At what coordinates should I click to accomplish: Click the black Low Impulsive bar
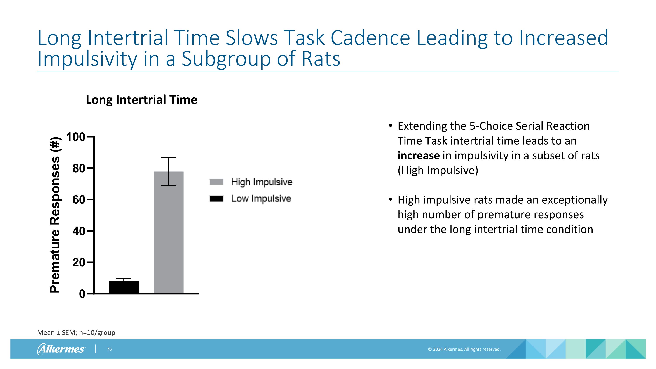124,287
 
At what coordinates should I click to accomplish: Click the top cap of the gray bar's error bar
169,158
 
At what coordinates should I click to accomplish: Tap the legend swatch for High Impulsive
216,182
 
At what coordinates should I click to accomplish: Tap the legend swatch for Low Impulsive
216,199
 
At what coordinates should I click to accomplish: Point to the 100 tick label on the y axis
75,137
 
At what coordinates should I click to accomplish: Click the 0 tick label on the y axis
82,294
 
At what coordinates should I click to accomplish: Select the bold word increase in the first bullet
418,156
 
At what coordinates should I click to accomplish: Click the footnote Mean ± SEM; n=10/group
76,333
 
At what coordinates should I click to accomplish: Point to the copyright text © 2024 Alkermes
464,349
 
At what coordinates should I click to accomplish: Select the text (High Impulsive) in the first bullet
438,170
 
